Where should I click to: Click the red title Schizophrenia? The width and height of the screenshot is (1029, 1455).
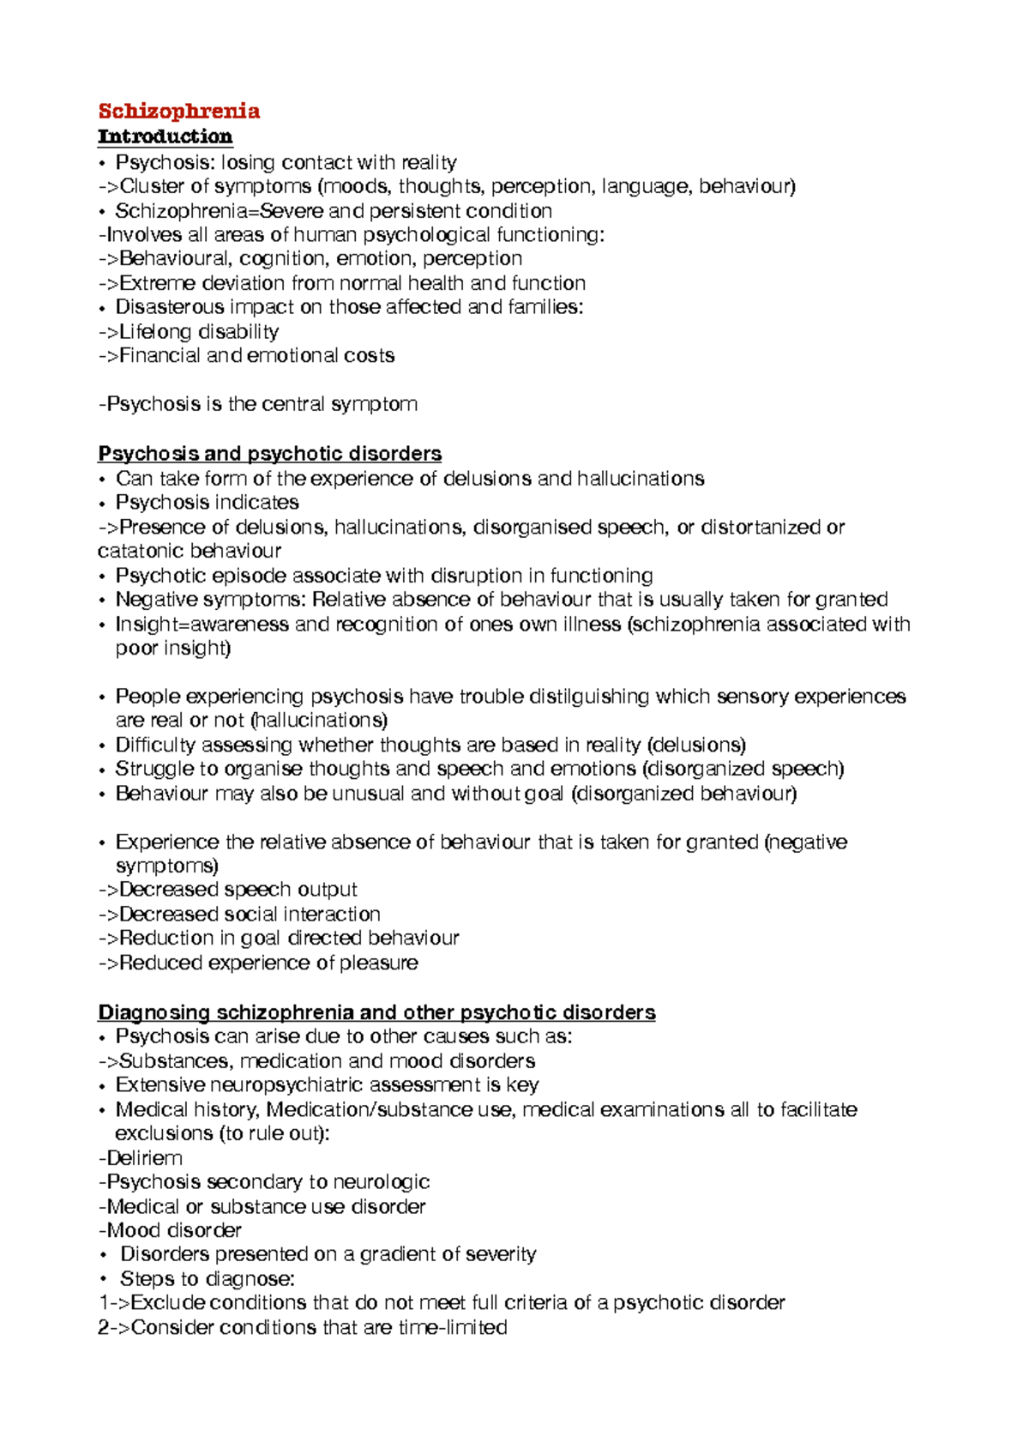178,112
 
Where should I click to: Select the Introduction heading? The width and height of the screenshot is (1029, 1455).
165,136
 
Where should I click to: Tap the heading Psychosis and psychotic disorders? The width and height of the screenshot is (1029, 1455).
269,454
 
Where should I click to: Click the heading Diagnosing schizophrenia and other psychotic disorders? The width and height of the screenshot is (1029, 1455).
376,1012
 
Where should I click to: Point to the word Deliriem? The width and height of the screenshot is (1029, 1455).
144,1158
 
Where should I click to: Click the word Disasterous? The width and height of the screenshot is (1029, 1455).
169,307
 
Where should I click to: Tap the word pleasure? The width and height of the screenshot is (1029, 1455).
378,963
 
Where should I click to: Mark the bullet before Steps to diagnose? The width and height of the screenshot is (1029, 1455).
103,1280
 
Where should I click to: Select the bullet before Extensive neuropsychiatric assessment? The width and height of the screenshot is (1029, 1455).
103,1086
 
